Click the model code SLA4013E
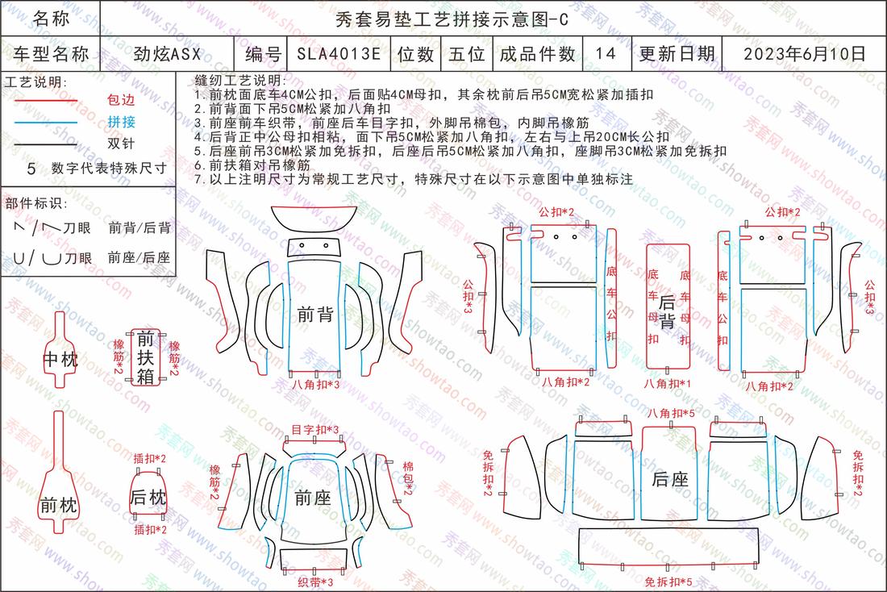pos(339,54)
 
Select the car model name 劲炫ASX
pos(168,54)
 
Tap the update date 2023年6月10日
pos(805,54)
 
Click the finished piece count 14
pos(606,54)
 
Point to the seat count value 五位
pos(467,54)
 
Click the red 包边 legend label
pos(121,100)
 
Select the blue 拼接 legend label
pos(121,122)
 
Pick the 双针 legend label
pos(121,144)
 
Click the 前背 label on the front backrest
pos(315,315)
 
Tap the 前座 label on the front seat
pos(312,498)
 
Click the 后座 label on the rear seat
pos(670,479)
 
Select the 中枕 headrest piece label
pos(60,360)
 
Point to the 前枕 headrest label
pos(59,505)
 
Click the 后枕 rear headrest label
pos(148,498)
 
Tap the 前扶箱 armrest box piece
pos(145,357)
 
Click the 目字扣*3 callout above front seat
pos(315,430)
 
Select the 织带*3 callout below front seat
pos(315,582)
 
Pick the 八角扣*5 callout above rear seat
pos(671,413)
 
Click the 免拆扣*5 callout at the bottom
pos(668,582)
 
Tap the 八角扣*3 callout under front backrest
pos(315,384)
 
